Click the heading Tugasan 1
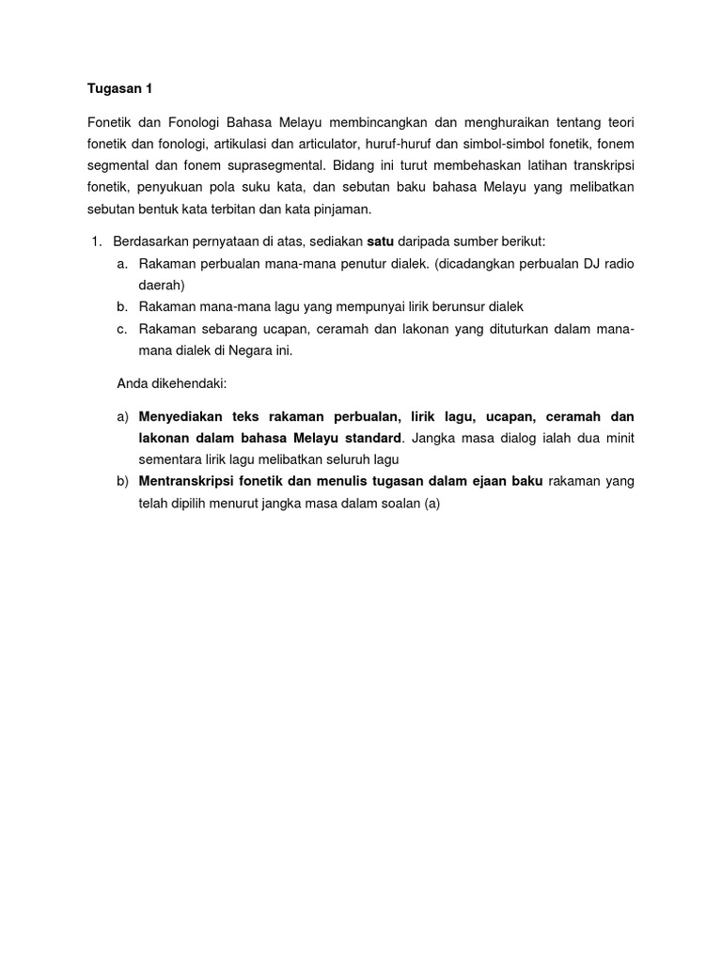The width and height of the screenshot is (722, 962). tap(119, 89)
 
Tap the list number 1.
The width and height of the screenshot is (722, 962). tap(96, 242)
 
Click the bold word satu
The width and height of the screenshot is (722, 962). tap(380, 242)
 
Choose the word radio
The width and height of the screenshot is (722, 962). tap(617, 264)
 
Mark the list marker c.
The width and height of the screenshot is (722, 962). tap(122, 328)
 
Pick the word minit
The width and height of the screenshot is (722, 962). tap(619, 438)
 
